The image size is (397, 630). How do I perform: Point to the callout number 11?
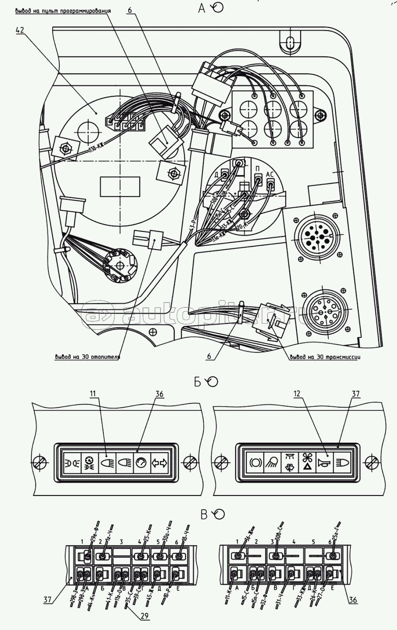point(93,394)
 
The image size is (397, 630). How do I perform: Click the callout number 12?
point(297,394)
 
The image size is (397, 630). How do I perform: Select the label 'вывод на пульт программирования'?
point(63,10)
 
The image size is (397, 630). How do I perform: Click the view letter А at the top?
point(202,8)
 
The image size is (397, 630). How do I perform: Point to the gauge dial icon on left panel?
point(141,463)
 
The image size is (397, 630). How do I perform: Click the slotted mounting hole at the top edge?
point(289,42)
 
